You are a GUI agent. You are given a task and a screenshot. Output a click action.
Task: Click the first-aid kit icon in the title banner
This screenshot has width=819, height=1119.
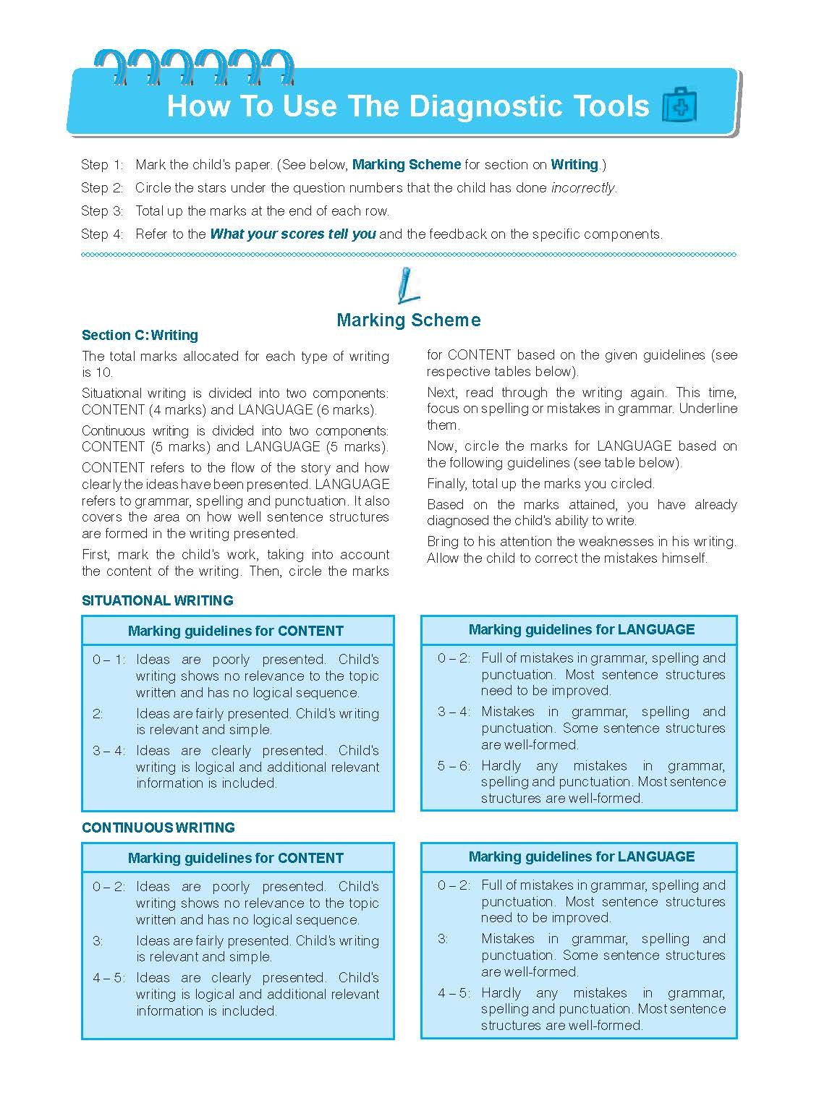tap(679, 106)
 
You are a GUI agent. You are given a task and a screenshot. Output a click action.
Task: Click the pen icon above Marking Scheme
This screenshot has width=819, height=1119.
tap(407, 285)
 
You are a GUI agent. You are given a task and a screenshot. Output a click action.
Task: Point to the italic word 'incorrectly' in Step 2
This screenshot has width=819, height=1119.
tap(582, 188)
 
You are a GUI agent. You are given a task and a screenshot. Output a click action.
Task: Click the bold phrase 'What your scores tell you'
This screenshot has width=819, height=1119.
tap(292, 234)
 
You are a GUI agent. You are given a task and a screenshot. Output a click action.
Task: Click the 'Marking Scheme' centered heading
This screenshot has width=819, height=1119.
tap(408, 320)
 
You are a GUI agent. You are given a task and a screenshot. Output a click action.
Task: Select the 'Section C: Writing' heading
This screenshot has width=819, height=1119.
tap(140, 335)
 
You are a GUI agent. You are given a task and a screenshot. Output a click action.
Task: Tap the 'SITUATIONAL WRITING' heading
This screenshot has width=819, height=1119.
tap(157, 600)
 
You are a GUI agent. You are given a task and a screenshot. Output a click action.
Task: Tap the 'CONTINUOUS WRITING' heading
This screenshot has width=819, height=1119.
tap(158, 827)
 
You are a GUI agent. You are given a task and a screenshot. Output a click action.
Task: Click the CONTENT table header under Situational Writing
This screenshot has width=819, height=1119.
tap(236, 631)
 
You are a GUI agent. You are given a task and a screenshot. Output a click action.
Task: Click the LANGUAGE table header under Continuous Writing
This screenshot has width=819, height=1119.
tap(581, 856)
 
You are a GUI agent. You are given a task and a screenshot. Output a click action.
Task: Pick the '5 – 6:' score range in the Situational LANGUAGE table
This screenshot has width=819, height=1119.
tap(453, 765)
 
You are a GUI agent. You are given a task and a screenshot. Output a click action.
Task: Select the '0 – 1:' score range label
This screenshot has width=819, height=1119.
tap(109, 660)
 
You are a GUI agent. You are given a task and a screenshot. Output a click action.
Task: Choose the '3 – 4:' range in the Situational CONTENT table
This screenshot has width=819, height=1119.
tap(109, 751)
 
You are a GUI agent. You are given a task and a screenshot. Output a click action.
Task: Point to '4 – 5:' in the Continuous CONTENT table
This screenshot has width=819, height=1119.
tap(109, 978)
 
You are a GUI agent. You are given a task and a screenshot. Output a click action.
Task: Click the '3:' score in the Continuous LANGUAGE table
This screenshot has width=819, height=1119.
tap(443, 939)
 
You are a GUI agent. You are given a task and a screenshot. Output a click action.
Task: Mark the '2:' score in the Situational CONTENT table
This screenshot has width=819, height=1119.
tap(98, 714)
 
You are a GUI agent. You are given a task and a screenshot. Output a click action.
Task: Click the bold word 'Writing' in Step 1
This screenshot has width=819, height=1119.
tap(574, 165)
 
